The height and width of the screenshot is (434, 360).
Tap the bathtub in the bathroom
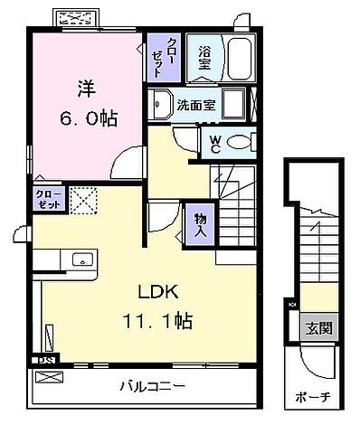coord(239,59)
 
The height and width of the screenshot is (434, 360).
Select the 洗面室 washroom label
coord(195,105)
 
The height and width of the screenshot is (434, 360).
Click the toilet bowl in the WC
coord(240,142)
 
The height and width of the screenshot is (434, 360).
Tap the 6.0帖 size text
coord(89,118)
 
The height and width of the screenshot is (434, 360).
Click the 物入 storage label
coord(199,223)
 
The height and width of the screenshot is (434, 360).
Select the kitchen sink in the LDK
coord(82,259)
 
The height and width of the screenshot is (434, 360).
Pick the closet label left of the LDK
coord(48,198)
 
